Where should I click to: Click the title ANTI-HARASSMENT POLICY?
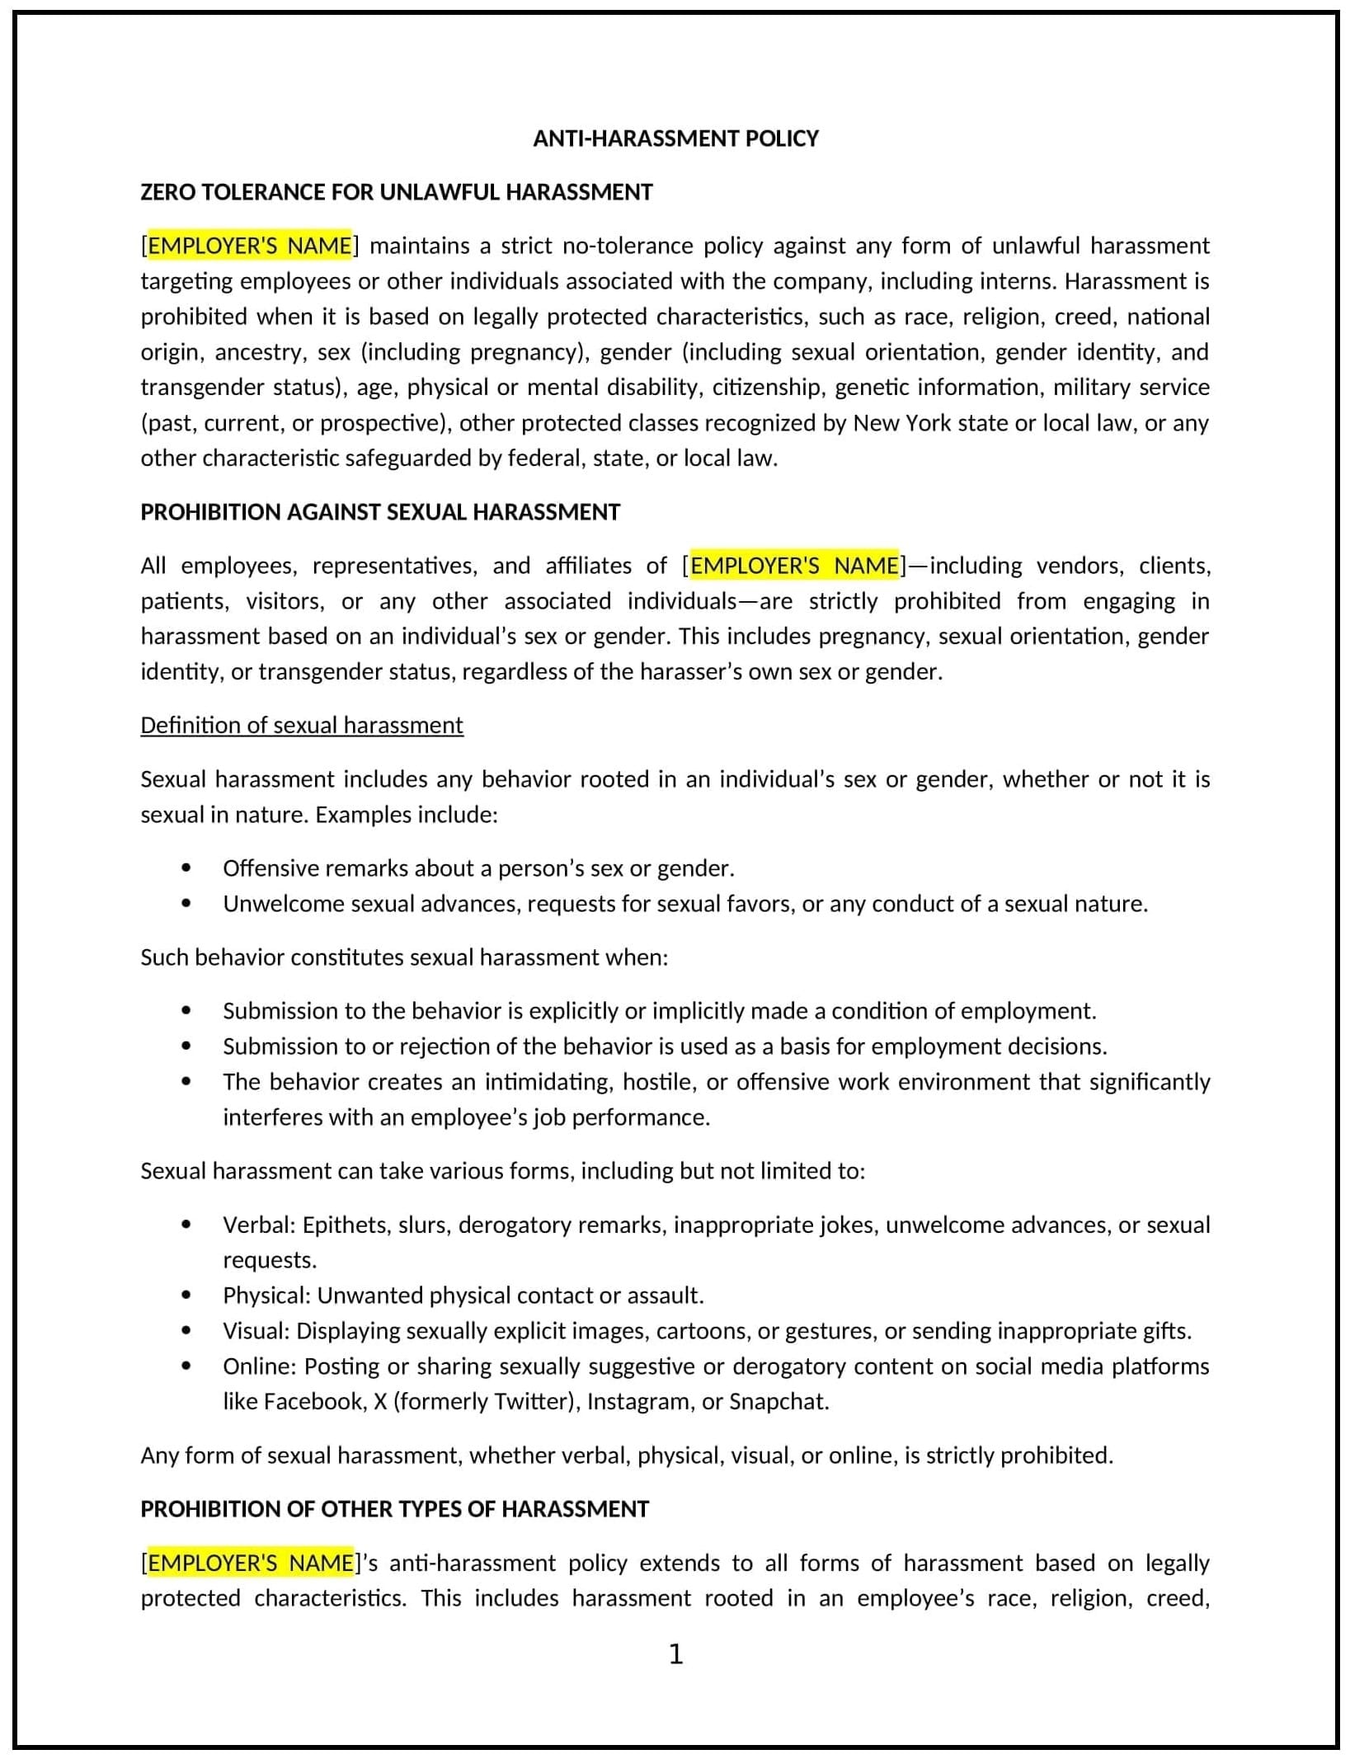675,138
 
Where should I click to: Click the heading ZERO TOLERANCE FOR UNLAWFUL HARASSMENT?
396,192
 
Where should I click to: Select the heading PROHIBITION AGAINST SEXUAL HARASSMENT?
380,512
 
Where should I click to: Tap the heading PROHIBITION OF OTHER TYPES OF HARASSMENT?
394,1509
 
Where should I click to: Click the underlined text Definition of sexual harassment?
302,725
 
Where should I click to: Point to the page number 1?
675,1653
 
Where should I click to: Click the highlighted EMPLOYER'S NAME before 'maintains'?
249,246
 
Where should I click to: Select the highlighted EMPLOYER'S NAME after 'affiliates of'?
793,566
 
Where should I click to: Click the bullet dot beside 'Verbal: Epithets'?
186,1225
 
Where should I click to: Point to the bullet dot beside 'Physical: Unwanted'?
186,1296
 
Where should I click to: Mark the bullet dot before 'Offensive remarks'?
186,868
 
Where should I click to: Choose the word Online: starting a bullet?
259,1366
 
